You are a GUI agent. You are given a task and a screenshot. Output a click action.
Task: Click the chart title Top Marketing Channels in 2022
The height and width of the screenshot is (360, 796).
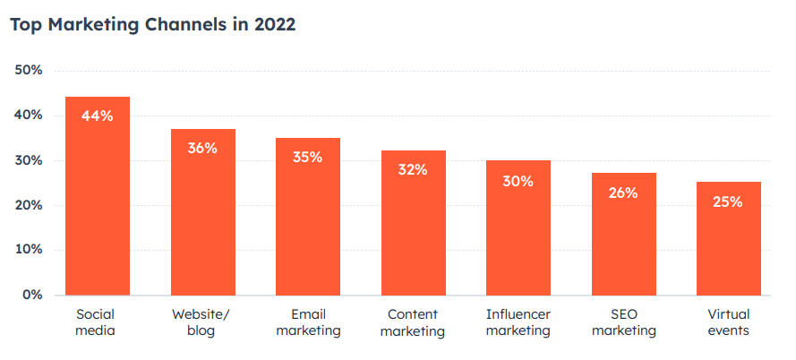click(152, 24)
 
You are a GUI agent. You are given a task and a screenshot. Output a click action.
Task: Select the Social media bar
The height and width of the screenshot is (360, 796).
click(98, 206)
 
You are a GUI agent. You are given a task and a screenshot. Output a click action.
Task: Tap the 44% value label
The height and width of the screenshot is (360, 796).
click(98, 116)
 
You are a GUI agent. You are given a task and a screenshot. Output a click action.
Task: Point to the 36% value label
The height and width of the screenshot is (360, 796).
click(203, 148)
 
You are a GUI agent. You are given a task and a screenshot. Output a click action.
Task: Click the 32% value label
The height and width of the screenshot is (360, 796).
click(413, 169)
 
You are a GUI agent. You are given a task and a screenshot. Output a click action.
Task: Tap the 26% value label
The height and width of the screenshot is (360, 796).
click(623, 193)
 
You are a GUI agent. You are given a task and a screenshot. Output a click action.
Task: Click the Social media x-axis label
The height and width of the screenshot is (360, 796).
click(98, 322)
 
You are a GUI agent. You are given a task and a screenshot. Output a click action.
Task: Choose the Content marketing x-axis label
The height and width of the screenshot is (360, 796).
click(413, 322)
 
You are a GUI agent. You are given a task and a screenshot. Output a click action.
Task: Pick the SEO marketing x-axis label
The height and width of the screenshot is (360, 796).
click(623, 322)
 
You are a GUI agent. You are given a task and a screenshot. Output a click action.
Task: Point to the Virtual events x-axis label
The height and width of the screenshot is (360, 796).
click(729, 322)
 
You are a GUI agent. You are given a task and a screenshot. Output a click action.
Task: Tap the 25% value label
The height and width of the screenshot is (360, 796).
click(729, 202)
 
